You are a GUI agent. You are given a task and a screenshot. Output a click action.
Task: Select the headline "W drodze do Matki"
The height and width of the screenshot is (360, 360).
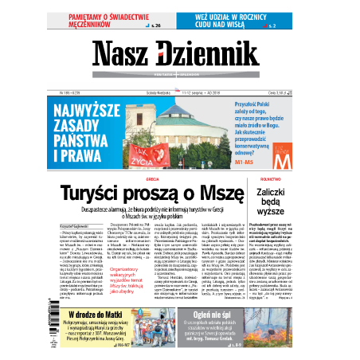pos(90,315)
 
